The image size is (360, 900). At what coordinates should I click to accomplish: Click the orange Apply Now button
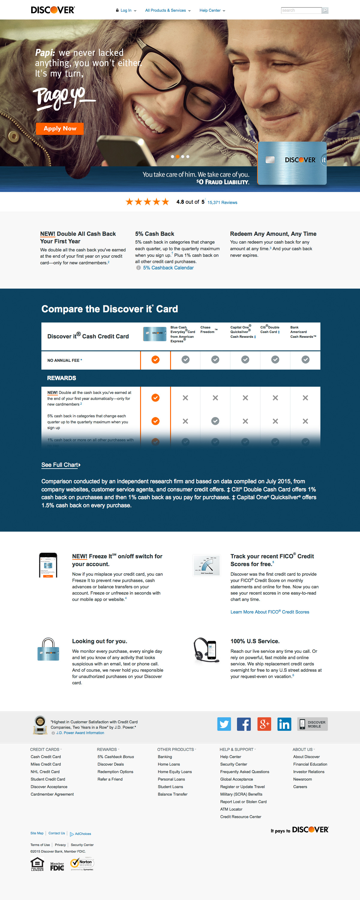click(60, 129)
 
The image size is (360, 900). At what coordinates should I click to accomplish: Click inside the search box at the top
click(301, 10)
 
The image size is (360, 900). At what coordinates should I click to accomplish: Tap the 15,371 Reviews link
click(222, 202)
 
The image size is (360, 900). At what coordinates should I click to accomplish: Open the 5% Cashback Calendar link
click(168, 268)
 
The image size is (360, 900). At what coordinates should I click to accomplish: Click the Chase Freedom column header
click(207, 330)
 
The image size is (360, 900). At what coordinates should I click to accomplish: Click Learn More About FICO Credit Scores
click(270, 612)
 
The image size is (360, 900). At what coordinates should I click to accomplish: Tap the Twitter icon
click(224, 724)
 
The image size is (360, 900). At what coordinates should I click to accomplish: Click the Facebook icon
click(244, 724)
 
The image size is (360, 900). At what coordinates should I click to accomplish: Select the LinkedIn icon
click(284, 724)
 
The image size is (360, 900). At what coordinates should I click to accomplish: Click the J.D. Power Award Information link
click(80, 733)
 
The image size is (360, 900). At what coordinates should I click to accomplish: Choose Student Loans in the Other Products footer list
click(170, 787)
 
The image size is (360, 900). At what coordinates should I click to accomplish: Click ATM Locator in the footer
click(231, 809)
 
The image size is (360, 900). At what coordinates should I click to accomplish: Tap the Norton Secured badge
click(82, 863)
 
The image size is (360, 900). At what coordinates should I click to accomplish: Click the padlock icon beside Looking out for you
click(48, 650)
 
